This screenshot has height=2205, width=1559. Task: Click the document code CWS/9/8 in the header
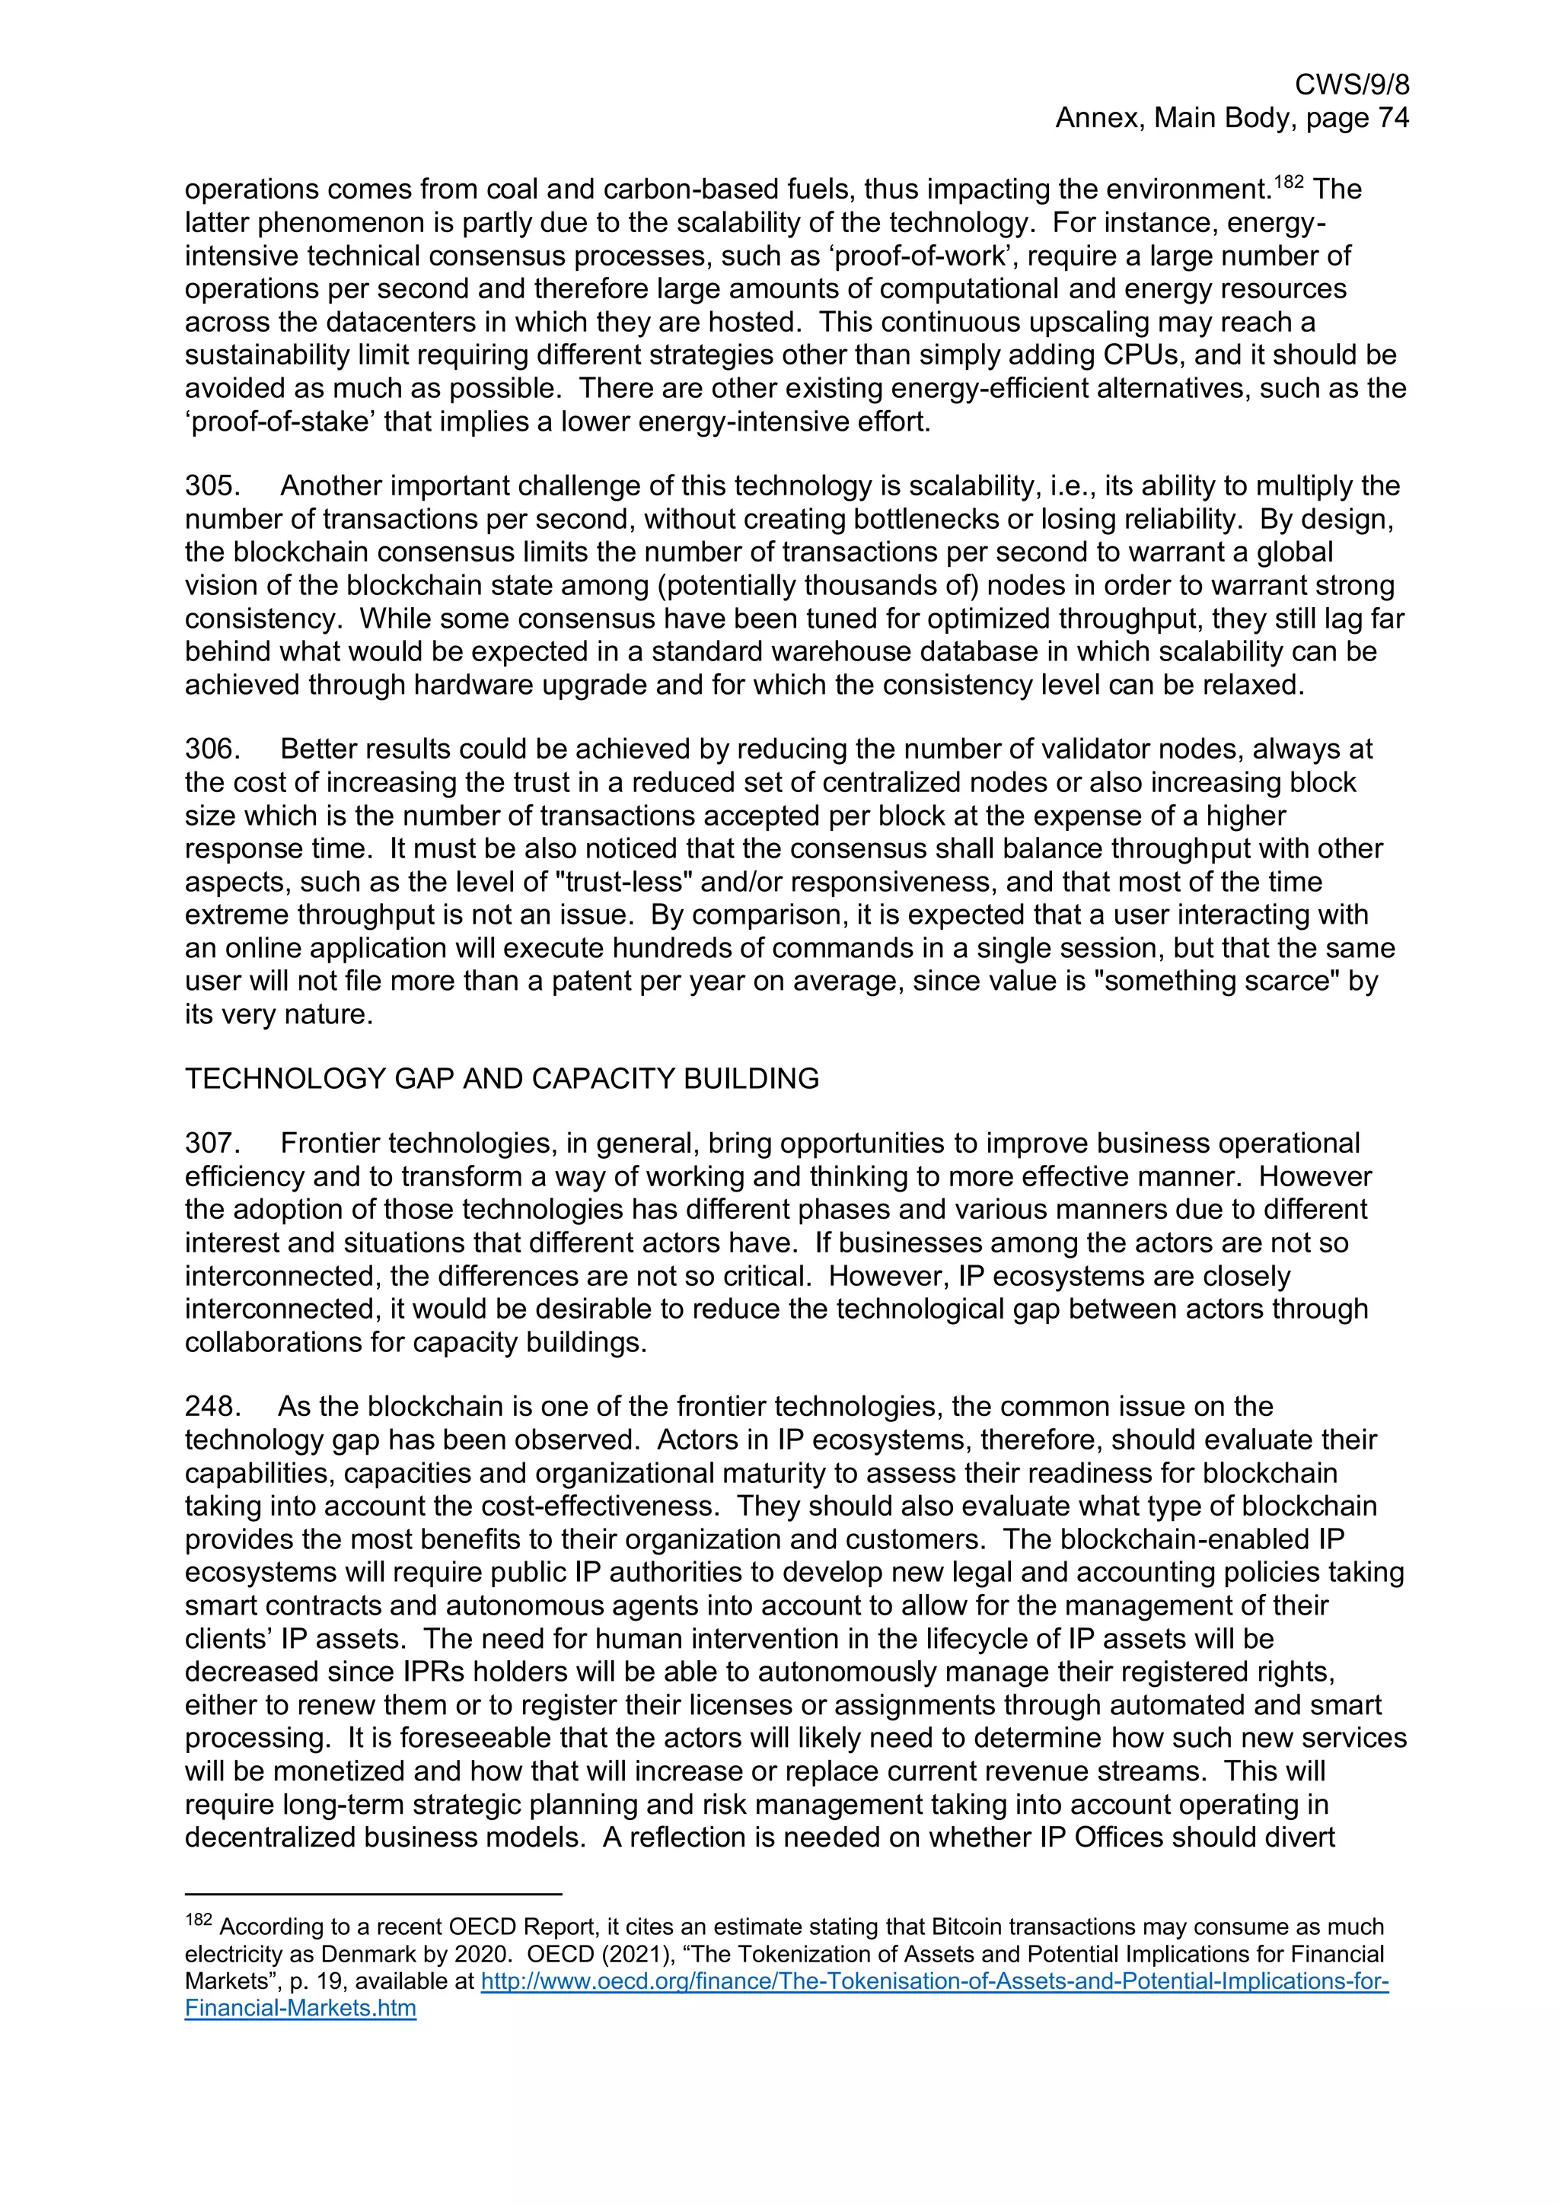[1351, 84]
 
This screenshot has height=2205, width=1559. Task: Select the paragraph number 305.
[212, 486]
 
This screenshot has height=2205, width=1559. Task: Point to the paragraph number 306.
[212, 749]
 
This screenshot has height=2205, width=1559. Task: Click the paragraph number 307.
[212, 1143]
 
